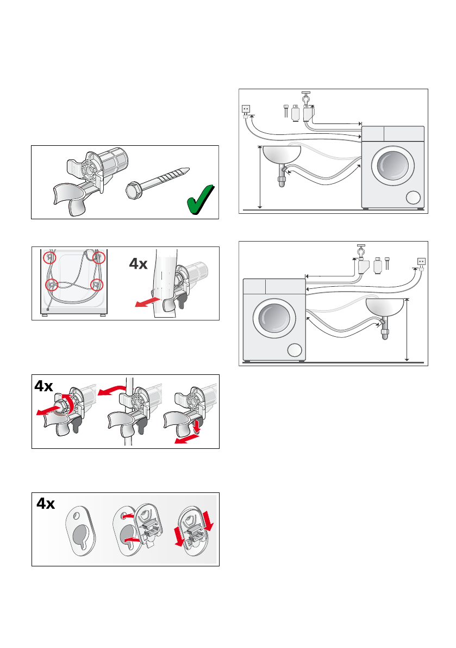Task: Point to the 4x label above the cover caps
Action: pyautogui.click(x=46, y=504)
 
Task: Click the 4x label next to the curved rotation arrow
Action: pyautogui.click(x=44, y=386)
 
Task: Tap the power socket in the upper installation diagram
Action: pyautogui.click(x=246, y=109)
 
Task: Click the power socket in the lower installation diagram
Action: pyautogui.click(x=421, y=261)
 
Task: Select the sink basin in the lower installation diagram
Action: pyautogui.click(x=385, y=307)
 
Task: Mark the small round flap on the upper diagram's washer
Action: pyautogui.click(x=413, y=198)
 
